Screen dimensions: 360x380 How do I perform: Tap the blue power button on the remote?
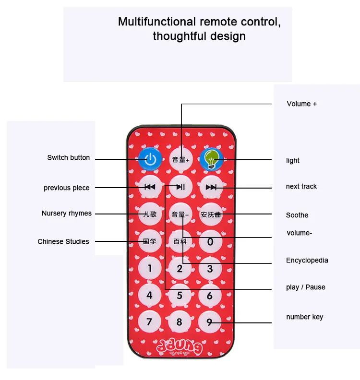tap(150, 159)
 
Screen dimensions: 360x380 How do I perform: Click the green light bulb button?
tap(211, 159)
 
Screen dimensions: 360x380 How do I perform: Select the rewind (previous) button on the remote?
tap(150, 187)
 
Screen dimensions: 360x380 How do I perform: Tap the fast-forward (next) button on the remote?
tap(211, 187)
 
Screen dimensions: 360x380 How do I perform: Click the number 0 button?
tap(210, 241)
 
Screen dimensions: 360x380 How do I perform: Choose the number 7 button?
tap(149, 322)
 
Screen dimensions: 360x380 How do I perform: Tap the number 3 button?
tap(210, 269)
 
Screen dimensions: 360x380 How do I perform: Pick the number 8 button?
tap(180, 322)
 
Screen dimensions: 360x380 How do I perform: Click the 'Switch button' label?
tap(69, 157)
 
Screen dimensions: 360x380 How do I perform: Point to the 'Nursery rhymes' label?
tap(67, 213)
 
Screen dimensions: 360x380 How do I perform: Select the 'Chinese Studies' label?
tap(63, 241)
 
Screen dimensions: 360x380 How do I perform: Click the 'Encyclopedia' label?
tap(307, 261)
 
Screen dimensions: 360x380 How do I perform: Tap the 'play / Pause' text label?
tap(305, 287)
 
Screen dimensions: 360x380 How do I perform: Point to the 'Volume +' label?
tap(302, 104)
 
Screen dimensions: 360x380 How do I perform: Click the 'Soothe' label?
tap(297, 215)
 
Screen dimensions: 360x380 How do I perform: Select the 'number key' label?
tap(305, 317)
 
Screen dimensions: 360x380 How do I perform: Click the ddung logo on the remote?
tap(180, 347)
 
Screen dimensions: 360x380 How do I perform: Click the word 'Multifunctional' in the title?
tap(157, 22)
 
